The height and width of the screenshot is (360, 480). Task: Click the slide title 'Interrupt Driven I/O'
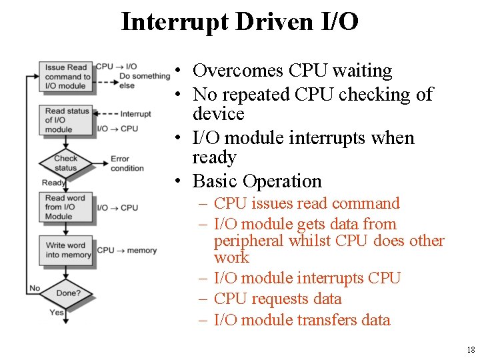[x=240, y=21]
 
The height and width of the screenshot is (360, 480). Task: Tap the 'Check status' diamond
[x=65, y=163]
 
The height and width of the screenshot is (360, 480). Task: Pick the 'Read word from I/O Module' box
[x=65, y=207]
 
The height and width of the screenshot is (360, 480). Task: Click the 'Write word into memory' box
[x=65, y=250]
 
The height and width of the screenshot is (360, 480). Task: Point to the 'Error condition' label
[x=127, y=163]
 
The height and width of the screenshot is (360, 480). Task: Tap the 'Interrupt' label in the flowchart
[x=136, y=114]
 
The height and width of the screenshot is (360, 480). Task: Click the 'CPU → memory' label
[x=127, y=251]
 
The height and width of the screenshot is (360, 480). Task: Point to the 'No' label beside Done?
[x=35, y=289]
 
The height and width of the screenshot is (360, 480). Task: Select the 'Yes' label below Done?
[x=57, y=312]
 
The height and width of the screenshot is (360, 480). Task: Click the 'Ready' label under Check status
[x=53, y=183]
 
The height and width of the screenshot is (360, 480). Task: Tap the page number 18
[x=471, y=350]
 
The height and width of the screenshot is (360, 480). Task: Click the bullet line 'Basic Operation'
[x=257, y=181]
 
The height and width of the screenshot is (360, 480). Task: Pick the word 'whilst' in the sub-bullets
[x=308, y=241]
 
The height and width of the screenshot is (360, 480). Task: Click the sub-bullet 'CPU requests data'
[x=277, y=299]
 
